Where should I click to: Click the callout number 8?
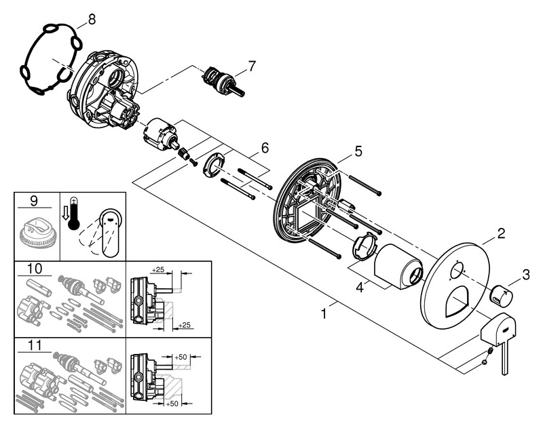pos(91,20)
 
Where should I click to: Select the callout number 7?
pos(252,66)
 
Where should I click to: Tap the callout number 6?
pos(265,147)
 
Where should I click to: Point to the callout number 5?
pos(358,151)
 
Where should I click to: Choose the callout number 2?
pos(500,234)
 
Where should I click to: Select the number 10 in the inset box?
pos(36,269)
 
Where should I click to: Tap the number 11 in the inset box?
pos(36,345)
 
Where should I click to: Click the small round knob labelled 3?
pos(502,296)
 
